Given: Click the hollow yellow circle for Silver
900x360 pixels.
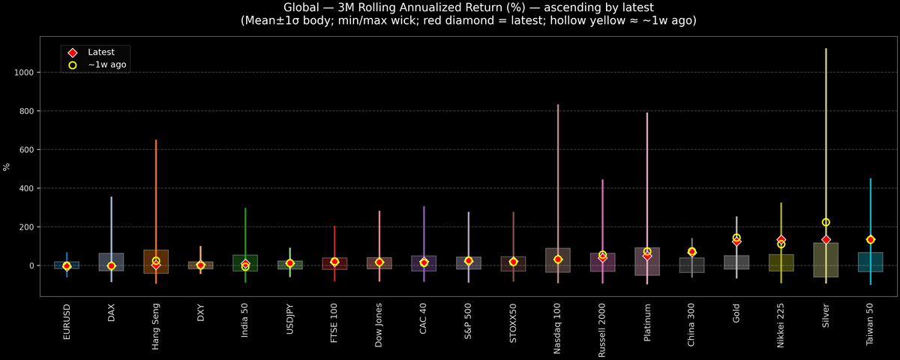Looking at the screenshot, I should pyautogui.click(x=826, y=222).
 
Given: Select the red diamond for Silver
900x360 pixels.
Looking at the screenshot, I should pyautogui.click(x=826, y=240).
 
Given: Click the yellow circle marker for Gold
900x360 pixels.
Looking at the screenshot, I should pyautogui.click(x=736, y=238).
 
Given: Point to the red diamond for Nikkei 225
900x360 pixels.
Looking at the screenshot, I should pyautogui.click(x=781, y=240).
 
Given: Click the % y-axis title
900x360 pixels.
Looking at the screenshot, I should pyautogui.click(x=7, y=166).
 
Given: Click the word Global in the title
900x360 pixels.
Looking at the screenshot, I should pyautogui.click(x=305, y=7).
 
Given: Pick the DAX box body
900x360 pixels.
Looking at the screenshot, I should pyautogui.click(x=111, y=262).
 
